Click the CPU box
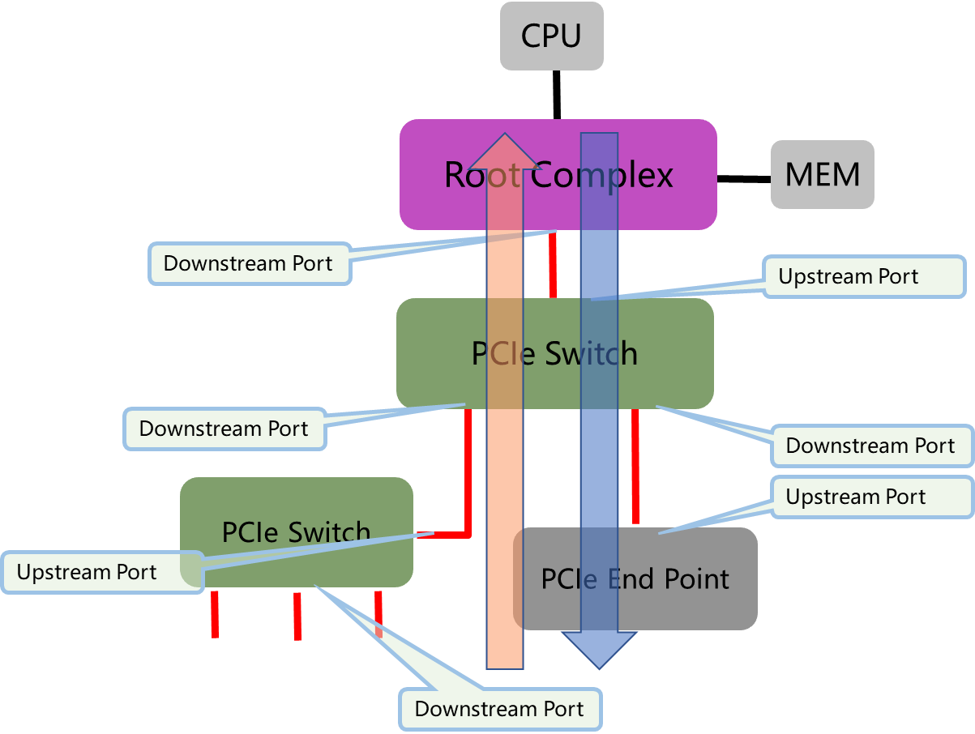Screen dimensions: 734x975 551,36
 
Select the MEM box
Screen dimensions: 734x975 822,175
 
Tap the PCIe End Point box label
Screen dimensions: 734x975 635,579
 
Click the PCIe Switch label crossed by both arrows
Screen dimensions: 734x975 554,354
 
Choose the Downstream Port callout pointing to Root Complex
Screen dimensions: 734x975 249,263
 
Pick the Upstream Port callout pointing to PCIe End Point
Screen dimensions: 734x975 870,497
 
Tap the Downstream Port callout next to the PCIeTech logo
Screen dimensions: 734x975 499,709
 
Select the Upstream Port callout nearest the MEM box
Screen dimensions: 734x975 863,276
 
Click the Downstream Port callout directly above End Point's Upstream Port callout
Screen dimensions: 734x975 870,446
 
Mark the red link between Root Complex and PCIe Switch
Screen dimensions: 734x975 553,263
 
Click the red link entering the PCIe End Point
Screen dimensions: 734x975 635,466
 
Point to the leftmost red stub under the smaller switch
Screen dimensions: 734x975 215,613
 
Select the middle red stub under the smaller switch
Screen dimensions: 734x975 297,615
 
